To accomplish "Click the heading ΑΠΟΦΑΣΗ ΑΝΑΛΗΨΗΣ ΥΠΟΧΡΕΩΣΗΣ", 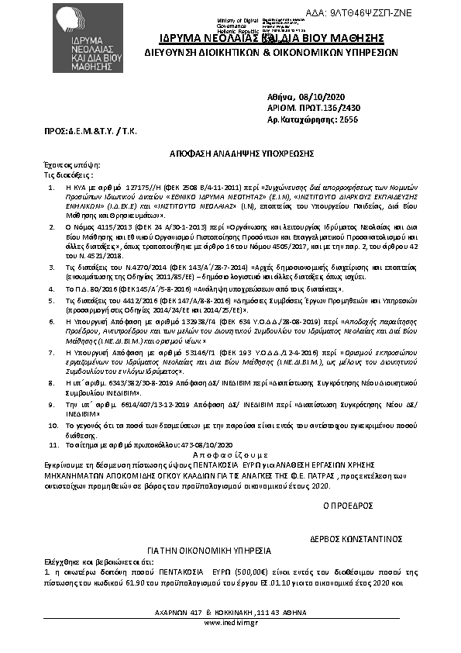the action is click(230, 155).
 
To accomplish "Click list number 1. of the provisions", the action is click(51, 188).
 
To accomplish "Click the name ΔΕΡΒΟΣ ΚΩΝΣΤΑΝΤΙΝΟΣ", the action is click(356, 537).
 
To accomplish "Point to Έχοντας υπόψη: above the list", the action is click(66, 166).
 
